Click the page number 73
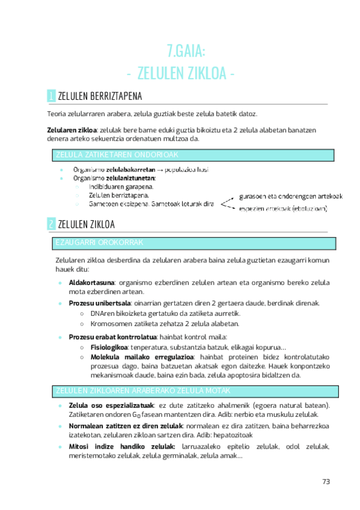pos(326,481)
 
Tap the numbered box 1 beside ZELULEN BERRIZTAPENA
pos(51,96)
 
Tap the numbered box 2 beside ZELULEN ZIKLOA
pos(51,224)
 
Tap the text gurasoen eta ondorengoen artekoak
pos(290,197)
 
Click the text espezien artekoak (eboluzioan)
pos(282,209)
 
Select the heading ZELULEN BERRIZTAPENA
pos(99,96)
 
